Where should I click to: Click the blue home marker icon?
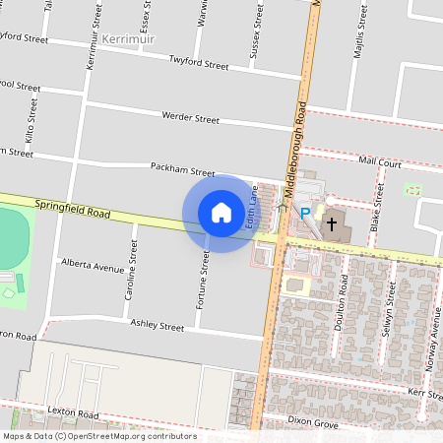(221, 213)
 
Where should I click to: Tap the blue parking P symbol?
(305, 212)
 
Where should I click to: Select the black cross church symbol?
(332, 223)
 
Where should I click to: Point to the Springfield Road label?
(71, 209)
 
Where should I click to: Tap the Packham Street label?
(182, 169)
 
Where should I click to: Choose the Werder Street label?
(191, 118)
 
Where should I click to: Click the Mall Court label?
(381, 159)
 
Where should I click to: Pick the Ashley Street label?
(158, 326)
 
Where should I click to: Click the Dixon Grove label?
(313, 424)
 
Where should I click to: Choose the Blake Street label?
(377, 209)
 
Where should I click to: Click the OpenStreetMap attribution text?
(98, 436)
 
